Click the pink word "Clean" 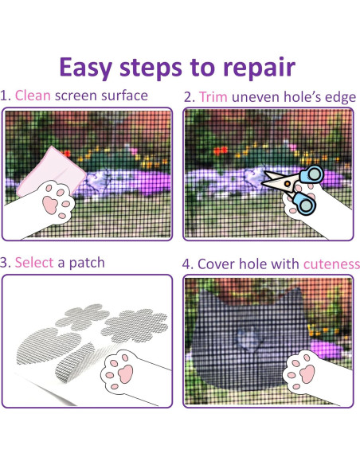(33, 96)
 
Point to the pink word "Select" (35, 262)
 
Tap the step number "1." (6, 96)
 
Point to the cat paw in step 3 (125, 371)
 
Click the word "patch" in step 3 (87, 262)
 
